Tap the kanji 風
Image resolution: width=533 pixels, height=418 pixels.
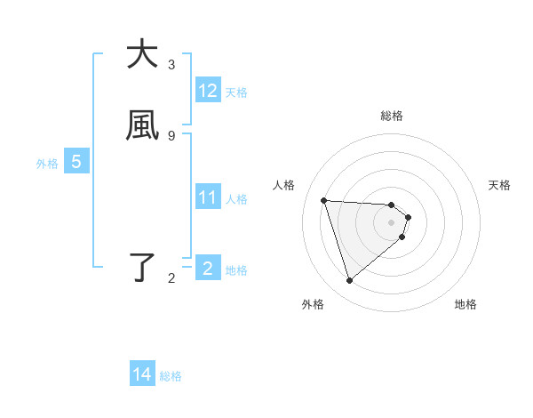(x=142, y=125)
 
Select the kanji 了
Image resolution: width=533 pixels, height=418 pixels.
(x=142, y=267)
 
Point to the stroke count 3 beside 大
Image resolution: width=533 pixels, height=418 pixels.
(x=171, y=64)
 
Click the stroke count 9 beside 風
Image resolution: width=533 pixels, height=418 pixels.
(x=171, y=135)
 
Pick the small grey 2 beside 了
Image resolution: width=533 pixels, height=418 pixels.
(x=171, y=278)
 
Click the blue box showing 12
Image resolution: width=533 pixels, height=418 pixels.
(x=208, y=91)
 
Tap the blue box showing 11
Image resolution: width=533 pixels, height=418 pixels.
(x=208, y=197)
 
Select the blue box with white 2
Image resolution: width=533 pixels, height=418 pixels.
(x=208, y=268)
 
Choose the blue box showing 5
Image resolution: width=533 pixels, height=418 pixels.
(x=76, y=162)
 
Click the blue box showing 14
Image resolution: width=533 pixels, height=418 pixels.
(x=142, y=375)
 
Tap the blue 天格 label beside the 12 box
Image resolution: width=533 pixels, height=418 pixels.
(x=236, y=92)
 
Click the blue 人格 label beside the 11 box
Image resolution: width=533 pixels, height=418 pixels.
(x=237, y=199)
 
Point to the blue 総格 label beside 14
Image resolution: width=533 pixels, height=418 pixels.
(x=171, y=376)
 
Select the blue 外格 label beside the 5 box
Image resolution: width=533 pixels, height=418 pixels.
(x=47, y=164)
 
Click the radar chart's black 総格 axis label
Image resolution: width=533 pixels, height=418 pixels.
(x=392, y=116)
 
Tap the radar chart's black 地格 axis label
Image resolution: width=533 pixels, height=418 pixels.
(x=465, y=304)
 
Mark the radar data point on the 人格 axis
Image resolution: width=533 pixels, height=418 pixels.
(x=324, y=200)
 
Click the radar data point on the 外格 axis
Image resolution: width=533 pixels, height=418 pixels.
(x=350, y=281)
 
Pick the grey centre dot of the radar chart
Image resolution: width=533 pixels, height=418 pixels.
(x=392, y=222)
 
